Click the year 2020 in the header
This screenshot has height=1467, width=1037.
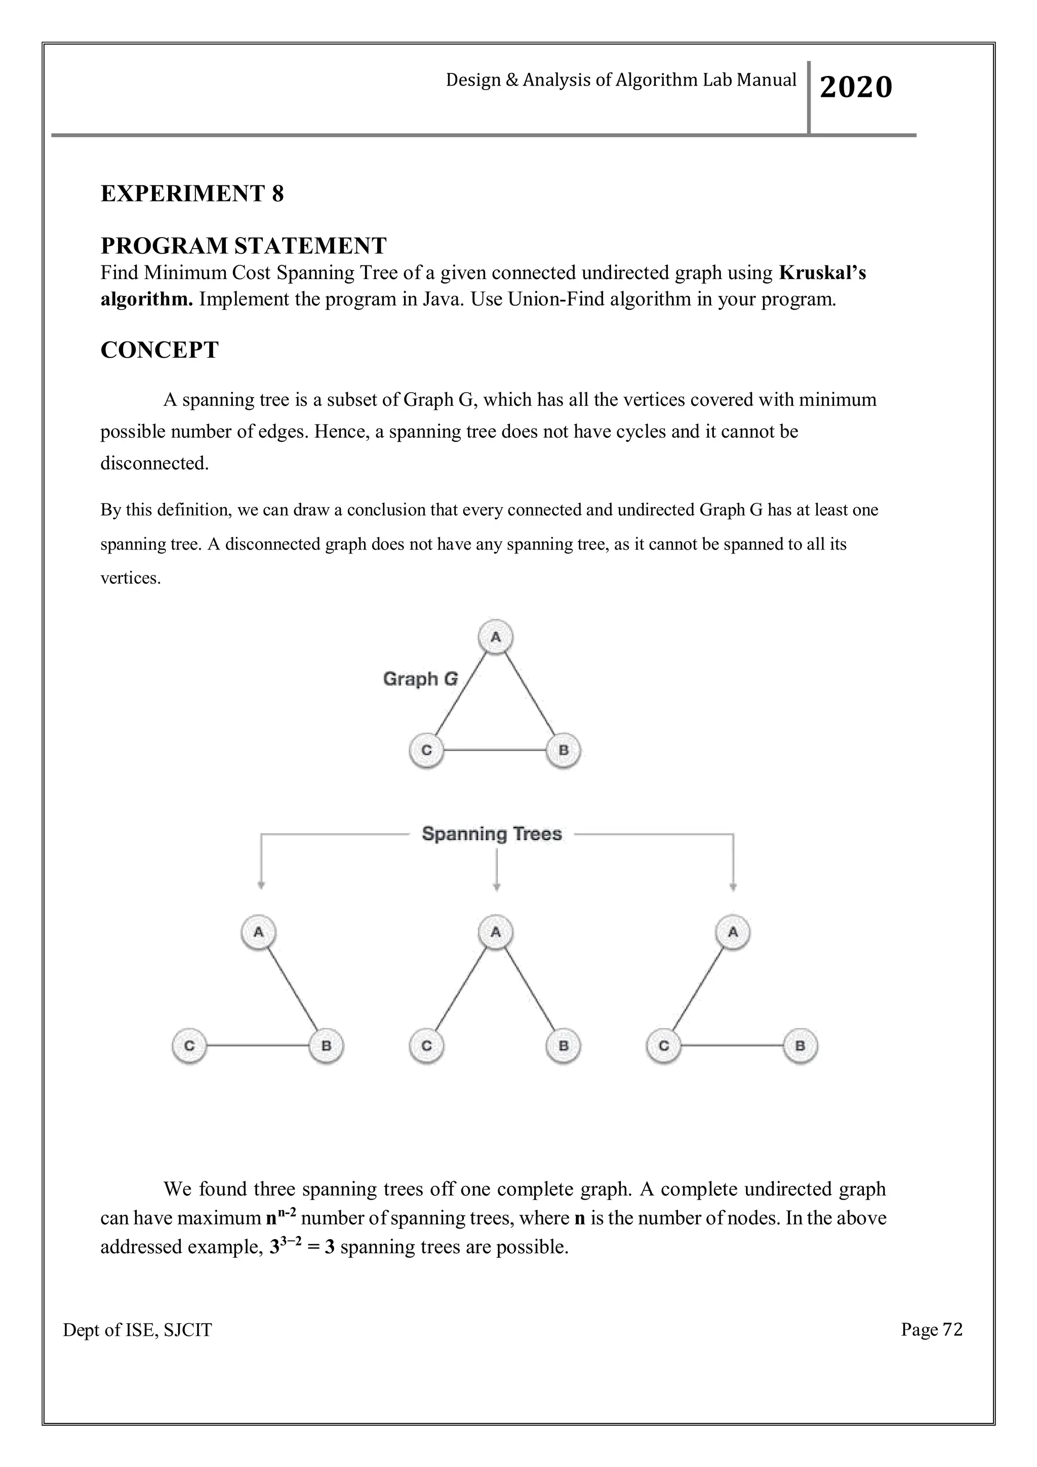855,87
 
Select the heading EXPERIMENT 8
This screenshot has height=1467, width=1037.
192,194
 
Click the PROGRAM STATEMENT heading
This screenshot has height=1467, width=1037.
243,245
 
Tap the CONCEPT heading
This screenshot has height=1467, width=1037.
159,350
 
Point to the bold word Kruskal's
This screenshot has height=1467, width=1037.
822,273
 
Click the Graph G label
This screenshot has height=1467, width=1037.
420,679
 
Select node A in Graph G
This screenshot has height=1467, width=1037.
496,637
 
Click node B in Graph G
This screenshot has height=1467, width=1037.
563,750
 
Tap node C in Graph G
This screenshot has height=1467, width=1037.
426,750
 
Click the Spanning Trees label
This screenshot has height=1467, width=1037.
492,834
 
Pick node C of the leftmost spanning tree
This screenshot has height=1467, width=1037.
189,1046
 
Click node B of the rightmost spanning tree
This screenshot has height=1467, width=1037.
800,1046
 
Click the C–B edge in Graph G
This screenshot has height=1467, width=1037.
495,750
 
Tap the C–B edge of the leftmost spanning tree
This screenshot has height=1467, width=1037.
258,1046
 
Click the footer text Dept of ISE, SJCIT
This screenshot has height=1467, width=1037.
137,1330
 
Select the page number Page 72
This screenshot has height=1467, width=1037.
931,1330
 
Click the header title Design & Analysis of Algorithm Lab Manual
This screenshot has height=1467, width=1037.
621,80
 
